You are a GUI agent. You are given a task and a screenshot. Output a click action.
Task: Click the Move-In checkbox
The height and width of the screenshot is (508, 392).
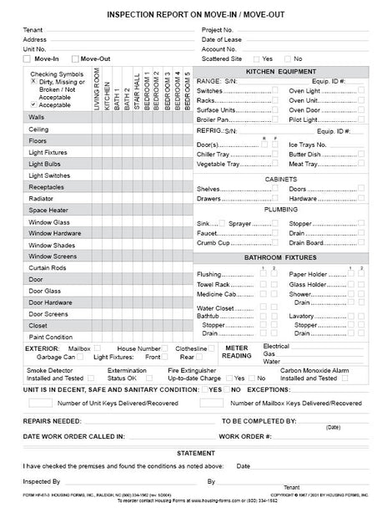click(28, 59)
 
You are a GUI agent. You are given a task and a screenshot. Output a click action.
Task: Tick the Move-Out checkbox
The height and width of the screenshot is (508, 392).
click(77, 59)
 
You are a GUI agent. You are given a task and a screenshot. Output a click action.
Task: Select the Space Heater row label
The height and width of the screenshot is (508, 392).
click(48, 210)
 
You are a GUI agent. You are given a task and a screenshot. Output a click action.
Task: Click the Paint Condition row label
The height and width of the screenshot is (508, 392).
click(50, 337)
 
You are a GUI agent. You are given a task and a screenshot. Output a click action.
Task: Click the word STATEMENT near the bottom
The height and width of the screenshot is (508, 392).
click(196, 452)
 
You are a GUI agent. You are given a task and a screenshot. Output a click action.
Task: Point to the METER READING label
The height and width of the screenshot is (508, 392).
click(238, 351)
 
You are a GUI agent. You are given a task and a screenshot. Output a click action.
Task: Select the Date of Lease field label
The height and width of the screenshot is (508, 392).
click(222, 39)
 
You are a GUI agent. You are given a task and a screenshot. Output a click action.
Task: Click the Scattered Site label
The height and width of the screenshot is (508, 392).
click(223, 59)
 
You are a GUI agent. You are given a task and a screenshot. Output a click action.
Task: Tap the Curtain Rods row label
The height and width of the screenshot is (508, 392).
click(48, 267)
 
